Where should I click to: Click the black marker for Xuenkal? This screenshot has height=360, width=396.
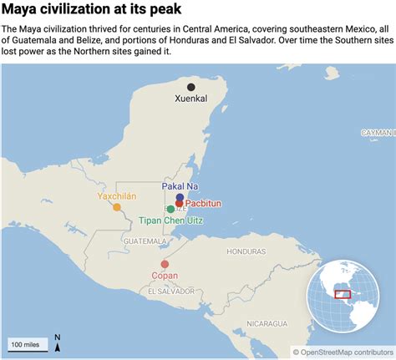(191, 87)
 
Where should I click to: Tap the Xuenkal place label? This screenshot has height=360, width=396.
(191, 99)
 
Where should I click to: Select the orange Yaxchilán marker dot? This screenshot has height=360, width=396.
(117, 207)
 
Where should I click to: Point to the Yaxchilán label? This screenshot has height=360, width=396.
(116, 196)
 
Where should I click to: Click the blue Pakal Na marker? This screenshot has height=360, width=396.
(180, 198)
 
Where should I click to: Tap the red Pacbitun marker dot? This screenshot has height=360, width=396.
(179, 203)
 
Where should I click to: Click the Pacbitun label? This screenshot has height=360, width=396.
(204, 203)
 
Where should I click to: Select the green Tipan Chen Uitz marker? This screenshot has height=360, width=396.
(170, 209)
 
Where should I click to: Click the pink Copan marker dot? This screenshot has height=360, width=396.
(165, 264)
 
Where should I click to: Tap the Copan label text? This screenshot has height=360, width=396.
(165, 276)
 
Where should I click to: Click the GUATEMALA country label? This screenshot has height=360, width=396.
(139, 241)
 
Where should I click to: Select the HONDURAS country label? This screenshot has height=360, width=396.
(245, 251)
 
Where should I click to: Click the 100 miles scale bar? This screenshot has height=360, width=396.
(28, 344)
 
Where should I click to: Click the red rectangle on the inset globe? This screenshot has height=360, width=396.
(341, 294)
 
